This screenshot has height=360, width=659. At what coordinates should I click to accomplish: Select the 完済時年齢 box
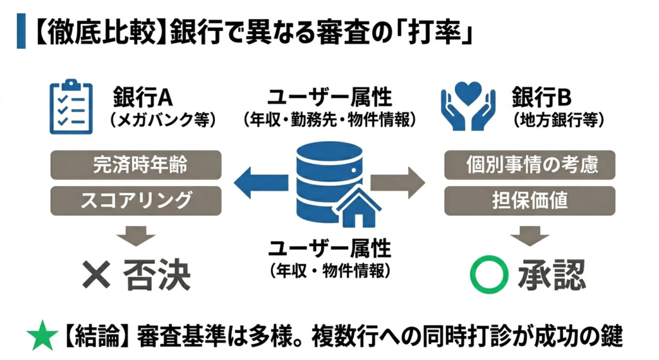click(x=136, y=164)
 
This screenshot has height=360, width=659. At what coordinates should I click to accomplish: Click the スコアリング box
click(x=136, y=200)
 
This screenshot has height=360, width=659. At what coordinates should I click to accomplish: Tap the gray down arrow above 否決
click(x=136, y=234)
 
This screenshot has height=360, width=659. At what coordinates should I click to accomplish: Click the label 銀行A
click(x=143, y=97)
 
